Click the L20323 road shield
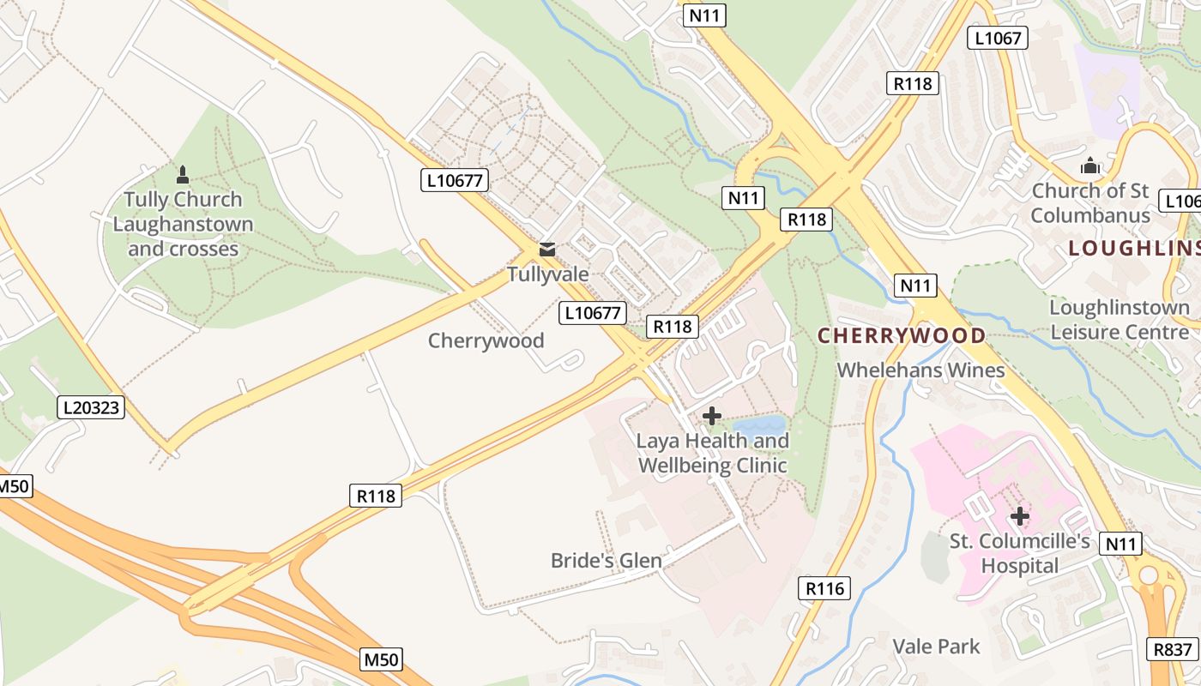click(x=92, y=407)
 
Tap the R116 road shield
click(x=825, y=587)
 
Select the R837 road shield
click(x=1172, y=649)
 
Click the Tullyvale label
click(x=547, y=274)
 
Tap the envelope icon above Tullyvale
click(x=546, y=250)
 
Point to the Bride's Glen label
click(x=606, y=561)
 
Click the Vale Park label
click(x=936, y=646)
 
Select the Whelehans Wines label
click(x=920, y=370)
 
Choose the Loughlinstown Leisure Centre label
click(x=1120, y=319)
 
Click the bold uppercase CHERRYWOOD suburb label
click(x=902, y=335)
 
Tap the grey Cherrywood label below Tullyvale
click(x=486, y=340)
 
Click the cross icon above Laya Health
click(x=711, y=416)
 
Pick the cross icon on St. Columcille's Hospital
click(x=1019, y=516)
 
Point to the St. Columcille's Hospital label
click(x=1019, y=554)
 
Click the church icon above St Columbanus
click(x=1090, y=165)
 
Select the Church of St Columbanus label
click(x=1089, y=202)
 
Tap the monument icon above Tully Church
click(x=182, y=175)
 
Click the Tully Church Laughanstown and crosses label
click(x=183, y=224)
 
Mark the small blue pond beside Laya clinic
click(x=759, y=424)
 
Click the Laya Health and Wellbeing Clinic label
click(x=712, y=454)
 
